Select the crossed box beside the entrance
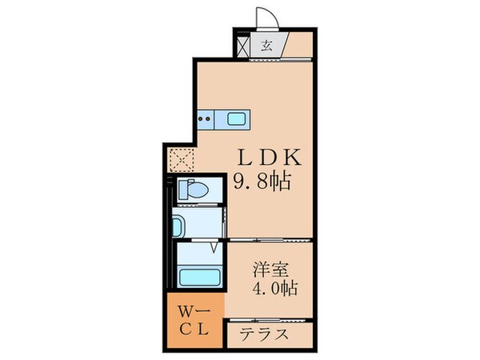(x=243, y=45)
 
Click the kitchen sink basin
(x=237, y=119)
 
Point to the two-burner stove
(x=205, y=119)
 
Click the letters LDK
(x=262, y=154)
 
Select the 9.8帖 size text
(x=262, y=181)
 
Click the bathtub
(x=200, y=278)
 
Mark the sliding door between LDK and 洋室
(x=268, y=240)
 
